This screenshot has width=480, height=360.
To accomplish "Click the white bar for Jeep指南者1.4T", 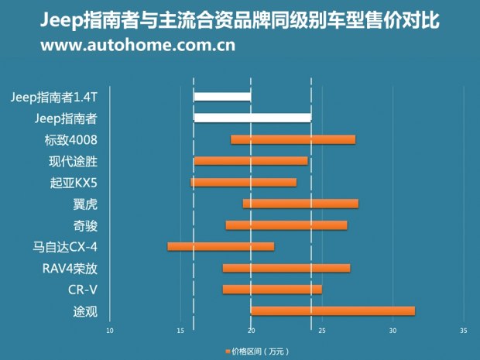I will (222, 97).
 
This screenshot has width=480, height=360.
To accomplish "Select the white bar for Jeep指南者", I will (252, 118).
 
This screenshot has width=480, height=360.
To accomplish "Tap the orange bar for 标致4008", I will (293, 139).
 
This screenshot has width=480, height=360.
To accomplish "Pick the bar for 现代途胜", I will (251, 161).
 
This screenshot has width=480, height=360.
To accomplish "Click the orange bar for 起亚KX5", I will (244, 183).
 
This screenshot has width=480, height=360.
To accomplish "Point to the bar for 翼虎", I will (300, 204).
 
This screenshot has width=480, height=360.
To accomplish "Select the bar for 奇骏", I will (286, 225).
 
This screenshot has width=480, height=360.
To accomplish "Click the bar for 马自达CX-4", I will (221, 246).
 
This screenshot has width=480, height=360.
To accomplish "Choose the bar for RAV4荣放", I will (286, 268).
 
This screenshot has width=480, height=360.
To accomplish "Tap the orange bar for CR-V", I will (272, 290).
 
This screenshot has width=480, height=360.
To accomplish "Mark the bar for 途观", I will (333, 311).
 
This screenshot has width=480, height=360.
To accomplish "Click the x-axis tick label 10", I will (109, 331).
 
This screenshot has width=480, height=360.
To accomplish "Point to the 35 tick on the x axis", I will (463, 331).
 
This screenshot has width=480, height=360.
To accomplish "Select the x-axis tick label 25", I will (321, 331).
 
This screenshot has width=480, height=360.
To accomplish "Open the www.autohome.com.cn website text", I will (138, 45).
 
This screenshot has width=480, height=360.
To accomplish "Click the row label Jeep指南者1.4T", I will (56, 97).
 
